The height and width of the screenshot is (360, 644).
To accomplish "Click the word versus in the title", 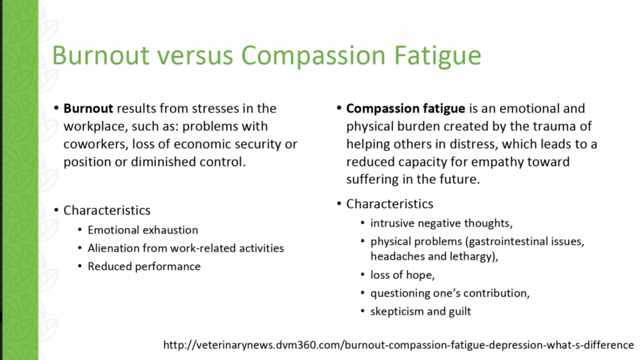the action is [x=194, y=55].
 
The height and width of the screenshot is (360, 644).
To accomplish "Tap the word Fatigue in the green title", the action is [x=438, y=55].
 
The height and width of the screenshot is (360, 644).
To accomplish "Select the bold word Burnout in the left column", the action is [x=88, y=108].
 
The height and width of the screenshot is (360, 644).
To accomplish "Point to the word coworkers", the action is [x=96, y=144].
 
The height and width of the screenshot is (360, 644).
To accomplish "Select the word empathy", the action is [x=497, y=162].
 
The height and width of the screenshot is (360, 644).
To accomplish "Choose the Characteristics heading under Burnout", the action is [x=107, y=210].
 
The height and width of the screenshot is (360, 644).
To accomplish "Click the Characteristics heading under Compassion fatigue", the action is [x=390, y=204].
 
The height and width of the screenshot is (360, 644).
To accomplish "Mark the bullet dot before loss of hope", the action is [x=362, y=274].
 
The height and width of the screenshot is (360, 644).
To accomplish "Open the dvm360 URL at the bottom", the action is [x=398, y=345].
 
